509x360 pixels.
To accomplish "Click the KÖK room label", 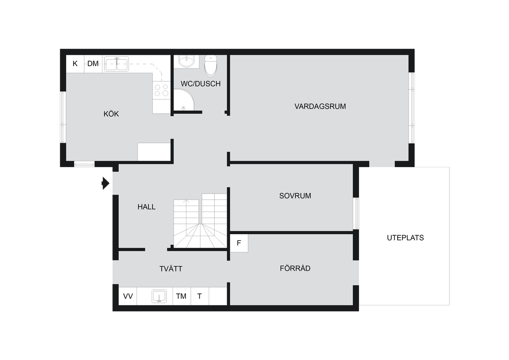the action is point(111,114).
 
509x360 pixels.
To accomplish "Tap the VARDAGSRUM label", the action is point(320,106).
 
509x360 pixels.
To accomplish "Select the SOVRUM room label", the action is point(295,196).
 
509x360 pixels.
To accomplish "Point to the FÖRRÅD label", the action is point(295,268).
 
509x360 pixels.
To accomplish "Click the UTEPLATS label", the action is point(405,238).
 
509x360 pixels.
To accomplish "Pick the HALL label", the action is point(147,207).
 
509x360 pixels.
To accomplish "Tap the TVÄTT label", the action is point(171,269).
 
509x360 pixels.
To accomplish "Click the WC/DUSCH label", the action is point(201,84).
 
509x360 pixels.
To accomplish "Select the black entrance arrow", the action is point(105,183).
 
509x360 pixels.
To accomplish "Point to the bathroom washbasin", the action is point(186,61).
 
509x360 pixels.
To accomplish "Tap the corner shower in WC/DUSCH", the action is point(183,99).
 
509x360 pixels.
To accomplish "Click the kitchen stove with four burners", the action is point(162,90).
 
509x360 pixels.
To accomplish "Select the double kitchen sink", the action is point(116,64).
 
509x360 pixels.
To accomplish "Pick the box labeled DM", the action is point(93,64).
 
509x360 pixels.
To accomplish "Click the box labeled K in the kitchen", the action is point(76,64).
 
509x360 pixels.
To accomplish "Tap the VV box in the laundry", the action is point(128,296).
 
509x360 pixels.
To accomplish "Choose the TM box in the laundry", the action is point(181,296).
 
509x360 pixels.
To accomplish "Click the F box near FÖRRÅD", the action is point(239,243).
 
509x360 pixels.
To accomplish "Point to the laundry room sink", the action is point(159,296).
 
